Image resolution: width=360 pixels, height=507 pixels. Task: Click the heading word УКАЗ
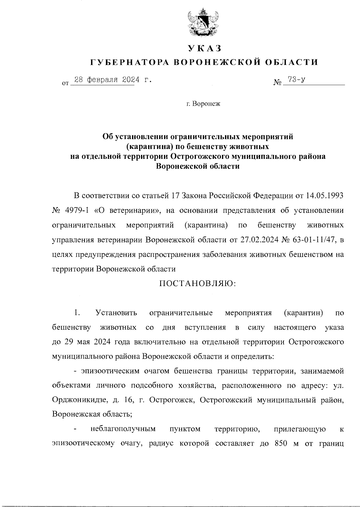click(x=204, y=48)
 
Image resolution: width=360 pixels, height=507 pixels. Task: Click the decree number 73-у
click(x=296, y=80)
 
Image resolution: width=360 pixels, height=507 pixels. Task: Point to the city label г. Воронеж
click(x=203, y=104)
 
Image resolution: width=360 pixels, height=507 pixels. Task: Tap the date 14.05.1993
click(x=325, y=196)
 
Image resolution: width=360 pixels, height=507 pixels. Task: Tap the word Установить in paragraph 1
click(x=116, y=313)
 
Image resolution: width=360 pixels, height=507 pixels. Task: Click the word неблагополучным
click(x=123, y=429)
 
